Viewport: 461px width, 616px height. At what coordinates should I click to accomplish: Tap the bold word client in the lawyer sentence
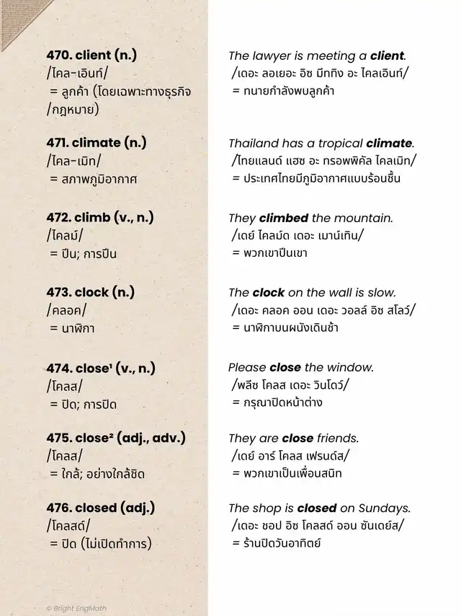[x=388, y=56]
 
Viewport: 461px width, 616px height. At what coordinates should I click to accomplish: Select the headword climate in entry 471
[x=96, y=143]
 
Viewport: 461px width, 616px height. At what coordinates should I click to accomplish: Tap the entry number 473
[x=58, y=292]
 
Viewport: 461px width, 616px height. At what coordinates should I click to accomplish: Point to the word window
[x=352, y=367]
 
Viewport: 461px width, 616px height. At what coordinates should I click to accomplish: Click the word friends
[x=338, y=438]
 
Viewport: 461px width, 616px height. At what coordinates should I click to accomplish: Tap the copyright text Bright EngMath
[x=78, y=608]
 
